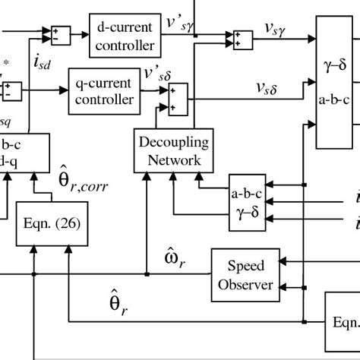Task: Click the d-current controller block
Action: [126, 34]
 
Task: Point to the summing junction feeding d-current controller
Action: [58, 34]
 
